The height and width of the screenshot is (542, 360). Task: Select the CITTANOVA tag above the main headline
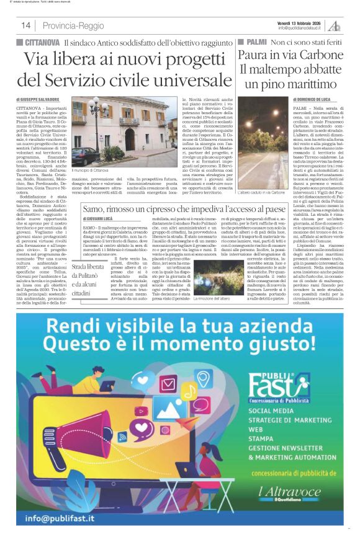[42, 42]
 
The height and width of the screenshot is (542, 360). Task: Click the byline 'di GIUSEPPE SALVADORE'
[38, 99]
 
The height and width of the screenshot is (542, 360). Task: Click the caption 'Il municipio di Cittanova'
[92, 169]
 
